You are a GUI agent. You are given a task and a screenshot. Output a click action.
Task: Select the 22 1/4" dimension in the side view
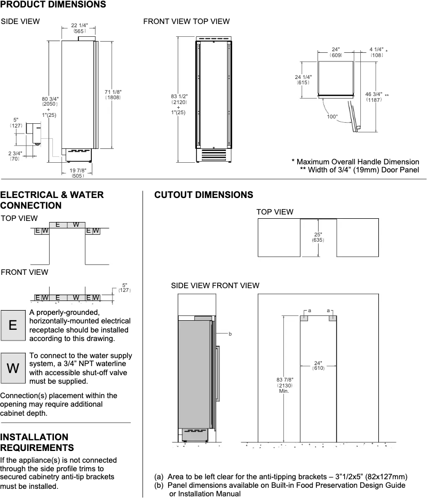click(x=80, y=28)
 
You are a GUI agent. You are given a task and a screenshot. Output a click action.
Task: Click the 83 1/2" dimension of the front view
click(x=178, y=101)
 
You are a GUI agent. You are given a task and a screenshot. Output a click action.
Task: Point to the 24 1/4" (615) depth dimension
click(x=303, y=80)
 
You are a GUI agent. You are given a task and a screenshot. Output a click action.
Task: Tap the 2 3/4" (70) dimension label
click(x=15, y=156)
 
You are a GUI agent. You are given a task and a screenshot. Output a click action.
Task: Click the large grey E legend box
click(x=13, y=326)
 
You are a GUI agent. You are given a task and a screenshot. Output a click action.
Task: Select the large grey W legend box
click(x=13, y=368)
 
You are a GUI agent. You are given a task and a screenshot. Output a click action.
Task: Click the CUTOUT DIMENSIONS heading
click(x=203, y=195)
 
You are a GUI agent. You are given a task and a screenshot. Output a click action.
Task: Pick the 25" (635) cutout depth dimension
click(x=318, y=237)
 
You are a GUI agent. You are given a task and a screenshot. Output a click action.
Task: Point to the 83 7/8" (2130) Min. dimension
click(x=284, y=384)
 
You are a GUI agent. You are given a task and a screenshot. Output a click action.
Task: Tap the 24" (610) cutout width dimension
click(x=318, y=366)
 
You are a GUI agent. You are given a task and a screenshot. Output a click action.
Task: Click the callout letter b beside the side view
click(x=230, y=334)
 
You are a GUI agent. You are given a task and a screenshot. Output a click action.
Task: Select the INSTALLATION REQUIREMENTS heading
click(x=37, y=442)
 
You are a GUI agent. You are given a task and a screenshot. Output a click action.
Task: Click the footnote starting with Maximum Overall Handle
click(x=355, y=162)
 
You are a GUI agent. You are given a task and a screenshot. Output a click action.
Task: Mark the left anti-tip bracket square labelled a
click(x=304, y=318)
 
